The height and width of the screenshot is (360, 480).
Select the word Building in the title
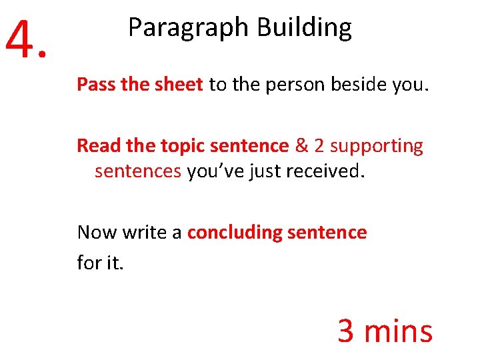[x=304, y=29]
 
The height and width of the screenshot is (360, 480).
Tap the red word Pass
[x=95, y=85]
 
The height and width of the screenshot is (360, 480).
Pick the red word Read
[x=96, y=146]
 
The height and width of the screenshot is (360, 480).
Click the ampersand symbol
[x=301, y=146]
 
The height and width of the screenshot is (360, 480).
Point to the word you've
[x=216, y=172]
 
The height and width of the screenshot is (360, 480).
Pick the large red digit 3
[x=346, y=331]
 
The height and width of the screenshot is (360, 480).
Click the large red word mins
[x=399, y=331]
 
